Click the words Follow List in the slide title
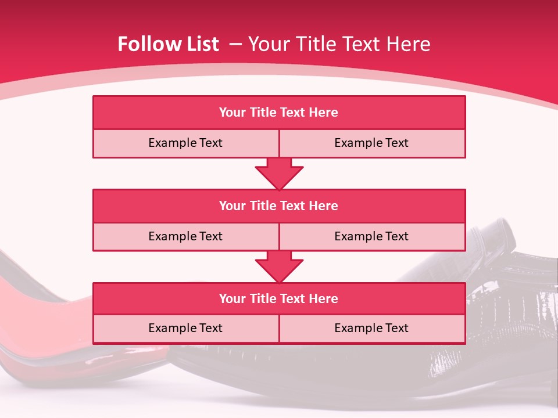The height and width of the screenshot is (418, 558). (168, 44)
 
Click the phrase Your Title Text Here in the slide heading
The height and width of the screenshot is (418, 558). (339, 44)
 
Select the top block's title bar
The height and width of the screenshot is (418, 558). (279, 113)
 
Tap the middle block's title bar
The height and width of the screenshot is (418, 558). (279, 206)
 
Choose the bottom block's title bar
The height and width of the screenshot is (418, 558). (279, 298)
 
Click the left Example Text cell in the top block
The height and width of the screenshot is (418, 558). (185, 143)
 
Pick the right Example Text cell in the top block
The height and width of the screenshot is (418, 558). (371, 143)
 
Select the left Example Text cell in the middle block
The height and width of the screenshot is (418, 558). (185, 236)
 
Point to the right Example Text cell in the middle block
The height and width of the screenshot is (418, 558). (371, 236)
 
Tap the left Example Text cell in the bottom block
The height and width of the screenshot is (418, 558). (185, 328)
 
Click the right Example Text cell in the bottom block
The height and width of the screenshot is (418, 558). (371, 328)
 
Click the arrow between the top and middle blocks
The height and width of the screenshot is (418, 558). (279, 174)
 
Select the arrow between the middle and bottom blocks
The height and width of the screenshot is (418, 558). (279, 266)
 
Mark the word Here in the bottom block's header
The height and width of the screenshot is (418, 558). (323, 298)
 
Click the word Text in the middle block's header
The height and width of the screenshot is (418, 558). (292, 206)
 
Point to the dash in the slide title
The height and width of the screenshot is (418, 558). (235, 44)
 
